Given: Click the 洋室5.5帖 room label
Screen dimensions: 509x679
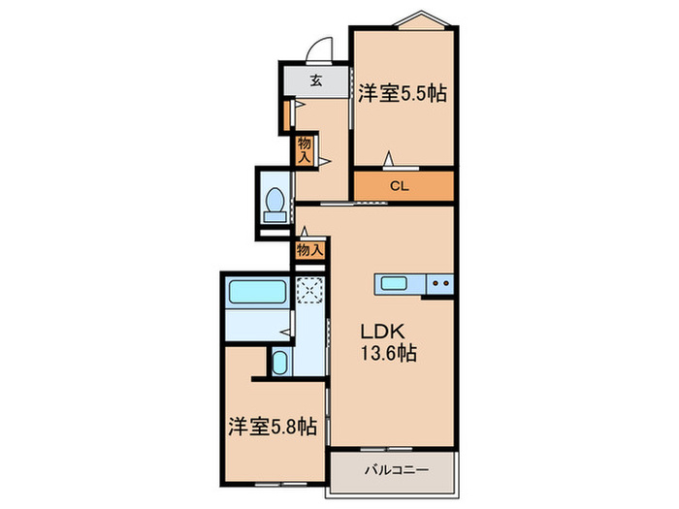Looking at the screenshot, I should pos(402,94).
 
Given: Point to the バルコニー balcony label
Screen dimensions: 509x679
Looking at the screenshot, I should pos(391,472).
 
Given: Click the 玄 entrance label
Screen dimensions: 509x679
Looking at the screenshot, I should pos(316,80).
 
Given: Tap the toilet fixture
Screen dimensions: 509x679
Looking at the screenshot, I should pos(275,205).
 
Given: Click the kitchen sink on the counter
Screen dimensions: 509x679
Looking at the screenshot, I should pos(394,283).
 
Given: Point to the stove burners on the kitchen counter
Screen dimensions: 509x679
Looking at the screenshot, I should pos(438,283).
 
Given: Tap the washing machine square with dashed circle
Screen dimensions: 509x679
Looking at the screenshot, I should pos(308,290).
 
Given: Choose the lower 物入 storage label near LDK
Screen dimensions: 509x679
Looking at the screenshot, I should pos(308,250).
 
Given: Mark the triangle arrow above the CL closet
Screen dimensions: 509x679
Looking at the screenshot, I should pos(389,158).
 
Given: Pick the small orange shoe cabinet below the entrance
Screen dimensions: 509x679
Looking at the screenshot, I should pos(287,113).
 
